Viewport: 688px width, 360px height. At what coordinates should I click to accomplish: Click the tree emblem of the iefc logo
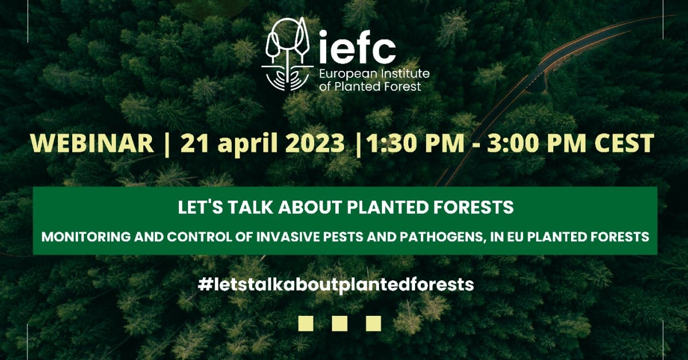click(288, 54)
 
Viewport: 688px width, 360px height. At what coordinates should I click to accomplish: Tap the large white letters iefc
click(357, 46)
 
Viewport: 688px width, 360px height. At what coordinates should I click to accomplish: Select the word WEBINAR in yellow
click(92, 143)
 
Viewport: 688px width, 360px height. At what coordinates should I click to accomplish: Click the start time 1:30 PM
click(415, 143)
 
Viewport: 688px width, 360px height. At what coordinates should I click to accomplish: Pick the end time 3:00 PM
click(537, 143)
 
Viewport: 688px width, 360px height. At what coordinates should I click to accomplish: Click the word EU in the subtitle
click(517, 237)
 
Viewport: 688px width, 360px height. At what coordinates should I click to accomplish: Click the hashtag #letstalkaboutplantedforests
click(336, 285)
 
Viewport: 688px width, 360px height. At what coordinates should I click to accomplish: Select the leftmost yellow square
click(306, 323)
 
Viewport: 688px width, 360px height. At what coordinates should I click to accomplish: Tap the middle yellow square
click(339, 323)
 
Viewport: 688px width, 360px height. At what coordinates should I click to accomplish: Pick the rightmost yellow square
click(373, 323)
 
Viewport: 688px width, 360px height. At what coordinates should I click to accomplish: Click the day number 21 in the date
click(196, 143)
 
